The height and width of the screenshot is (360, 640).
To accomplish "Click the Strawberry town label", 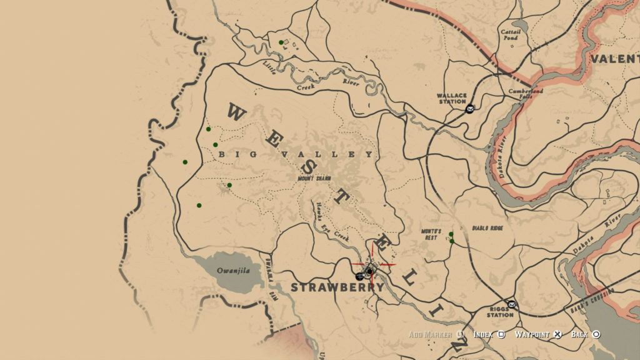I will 337,287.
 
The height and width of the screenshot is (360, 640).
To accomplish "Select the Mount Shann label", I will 314,177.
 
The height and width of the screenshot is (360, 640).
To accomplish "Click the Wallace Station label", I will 452,99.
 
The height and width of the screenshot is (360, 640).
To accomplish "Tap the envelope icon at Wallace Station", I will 469,109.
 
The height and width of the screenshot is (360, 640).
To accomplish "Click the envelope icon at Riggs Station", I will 512,304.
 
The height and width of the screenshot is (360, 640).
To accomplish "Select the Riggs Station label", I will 501,312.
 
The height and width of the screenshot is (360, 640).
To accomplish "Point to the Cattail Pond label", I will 510,34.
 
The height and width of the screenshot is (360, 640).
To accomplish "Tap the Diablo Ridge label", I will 487,228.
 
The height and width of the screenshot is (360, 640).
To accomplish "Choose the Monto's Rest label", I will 431,234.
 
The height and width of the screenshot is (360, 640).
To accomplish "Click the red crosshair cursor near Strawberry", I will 373,264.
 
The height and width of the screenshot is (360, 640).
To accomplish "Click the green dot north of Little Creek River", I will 281,42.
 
